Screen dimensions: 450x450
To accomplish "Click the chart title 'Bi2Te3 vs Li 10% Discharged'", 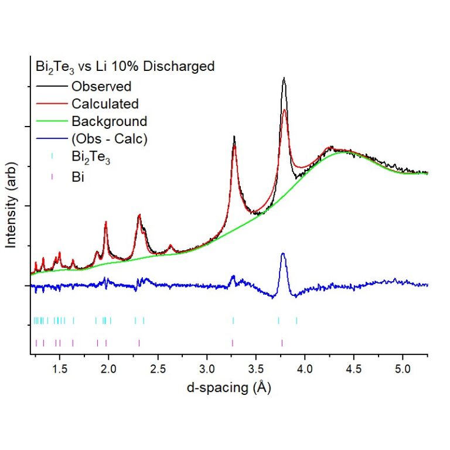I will point(123,67).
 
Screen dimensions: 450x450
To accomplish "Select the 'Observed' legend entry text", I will point(101,86).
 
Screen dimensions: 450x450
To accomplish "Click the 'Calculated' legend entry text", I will point(105,104).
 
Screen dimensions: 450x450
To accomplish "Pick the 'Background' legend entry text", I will point(109,121).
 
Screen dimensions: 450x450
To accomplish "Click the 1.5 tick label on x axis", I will point(59,370).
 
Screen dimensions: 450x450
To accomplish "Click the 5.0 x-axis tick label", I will point(402,370).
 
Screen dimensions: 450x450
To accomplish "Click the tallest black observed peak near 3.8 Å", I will point(284,78).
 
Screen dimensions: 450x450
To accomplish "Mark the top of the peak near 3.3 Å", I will point(234,137).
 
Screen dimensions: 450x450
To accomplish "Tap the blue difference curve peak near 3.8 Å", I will point(283,253).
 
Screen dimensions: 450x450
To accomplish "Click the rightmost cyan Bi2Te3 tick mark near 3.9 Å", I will point(296,321).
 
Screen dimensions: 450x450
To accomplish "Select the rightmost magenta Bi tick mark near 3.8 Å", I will point(282,343).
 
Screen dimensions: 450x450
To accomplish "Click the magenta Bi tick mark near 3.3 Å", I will point(233,343).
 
